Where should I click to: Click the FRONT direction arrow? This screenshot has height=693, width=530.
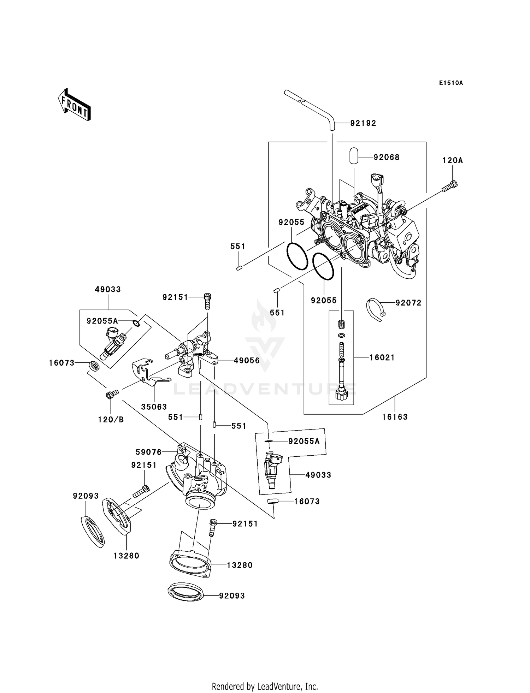[74, 105]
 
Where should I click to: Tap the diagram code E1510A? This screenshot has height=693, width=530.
[451, 83]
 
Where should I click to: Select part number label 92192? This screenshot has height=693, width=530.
[363, 123]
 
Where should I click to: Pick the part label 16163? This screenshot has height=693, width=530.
[395, 417]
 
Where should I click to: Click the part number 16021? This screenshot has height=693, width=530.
[382, 357]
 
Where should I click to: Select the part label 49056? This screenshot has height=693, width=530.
[247, 361]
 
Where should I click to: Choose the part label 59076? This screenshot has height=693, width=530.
[149, 452]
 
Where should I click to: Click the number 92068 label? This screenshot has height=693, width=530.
[387, 157]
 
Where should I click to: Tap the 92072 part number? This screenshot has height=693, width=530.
[408, 303]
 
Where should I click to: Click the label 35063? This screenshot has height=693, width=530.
[154, 407]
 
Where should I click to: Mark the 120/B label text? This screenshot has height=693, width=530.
[111, 420]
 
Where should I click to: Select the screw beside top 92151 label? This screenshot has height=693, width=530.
[207, 301]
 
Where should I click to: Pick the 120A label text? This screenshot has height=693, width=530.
[453, 160]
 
